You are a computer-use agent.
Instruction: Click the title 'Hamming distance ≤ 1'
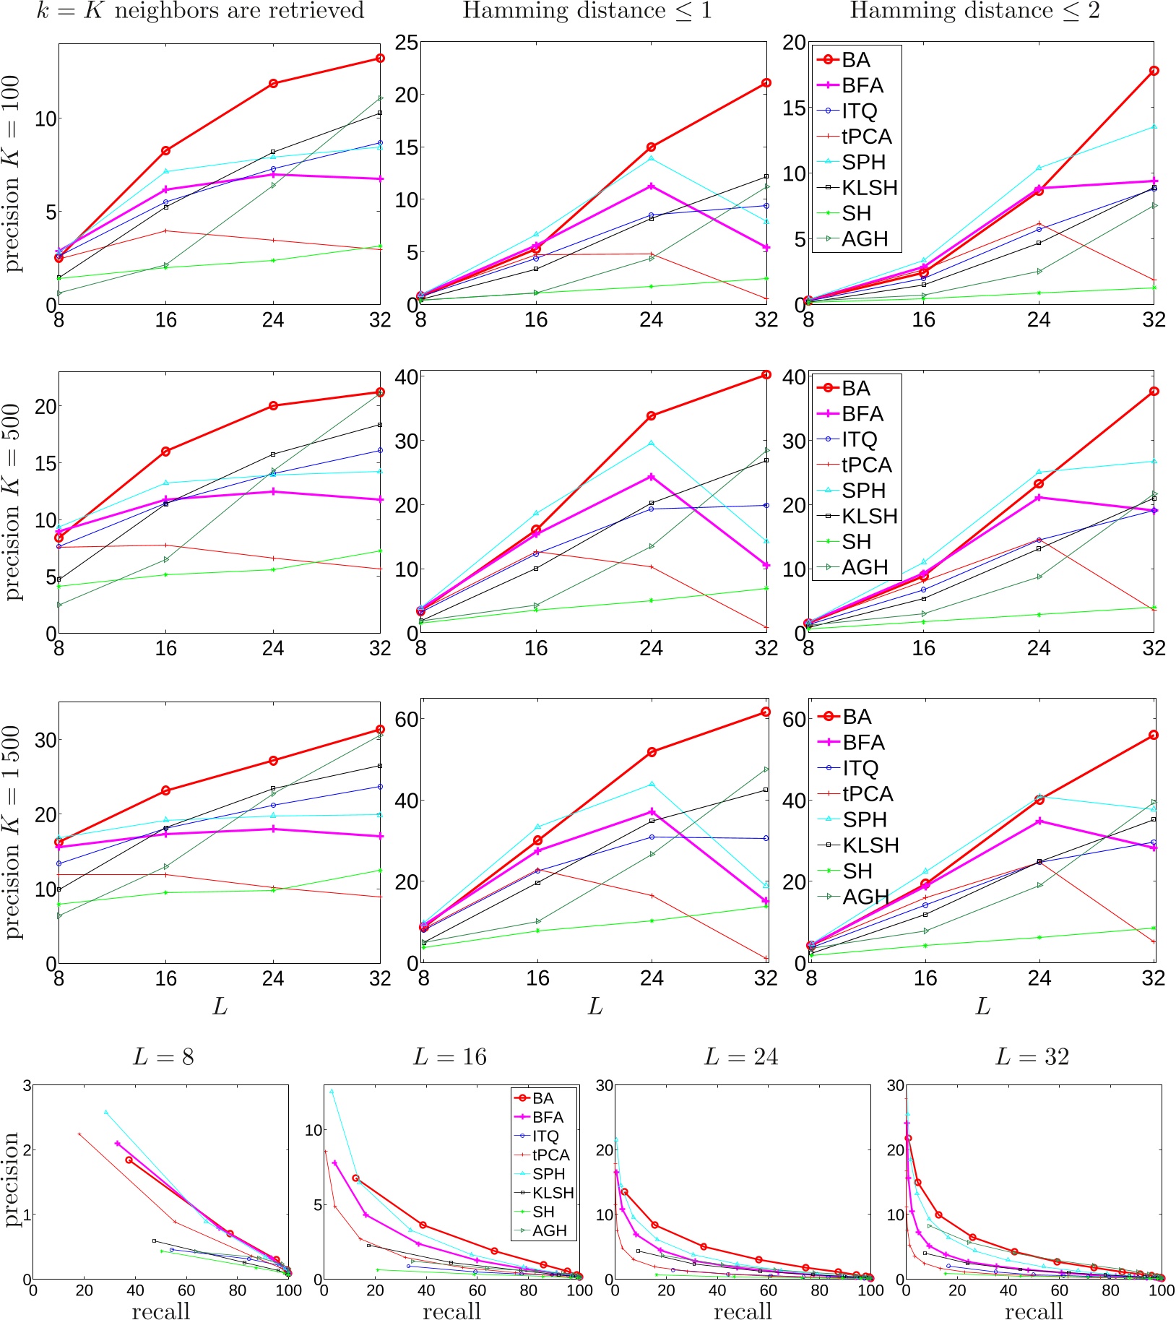(587, 11)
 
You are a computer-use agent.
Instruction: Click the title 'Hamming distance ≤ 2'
(974, 11)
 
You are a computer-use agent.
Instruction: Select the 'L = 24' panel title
(741, 1057)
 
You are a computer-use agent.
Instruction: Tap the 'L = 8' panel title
(163, 1057)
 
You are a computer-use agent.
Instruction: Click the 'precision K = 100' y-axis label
(13, 174)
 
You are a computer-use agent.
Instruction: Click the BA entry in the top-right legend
(855, 60)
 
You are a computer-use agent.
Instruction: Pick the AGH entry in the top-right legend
(864, 239)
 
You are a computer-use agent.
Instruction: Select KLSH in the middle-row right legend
(869, 517)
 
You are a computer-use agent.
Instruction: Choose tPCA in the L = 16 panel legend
(550, 1155)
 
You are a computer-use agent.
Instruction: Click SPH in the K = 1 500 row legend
(864, 819)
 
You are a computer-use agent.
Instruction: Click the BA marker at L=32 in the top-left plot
(380, 59)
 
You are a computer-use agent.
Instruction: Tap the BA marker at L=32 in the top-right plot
(1154, 71)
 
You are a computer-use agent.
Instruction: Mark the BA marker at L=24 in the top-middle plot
(651, 147)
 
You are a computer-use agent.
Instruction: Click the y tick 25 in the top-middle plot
(407, 43)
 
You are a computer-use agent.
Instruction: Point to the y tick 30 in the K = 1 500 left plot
(46, 740)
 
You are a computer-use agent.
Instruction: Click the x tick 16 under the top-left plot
(165, 320)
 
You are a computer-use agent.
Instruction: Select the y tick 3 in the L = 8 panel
(27, 1086)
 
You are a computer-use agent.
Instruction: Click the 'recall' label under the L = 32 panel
(1034, 1310)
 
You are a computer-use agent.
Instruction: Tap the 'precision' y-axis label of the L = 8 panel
(12, 1180)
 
